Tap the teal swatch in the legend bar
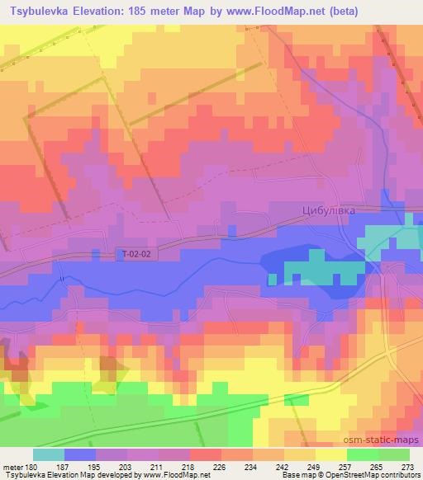(x=49, y=454)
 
